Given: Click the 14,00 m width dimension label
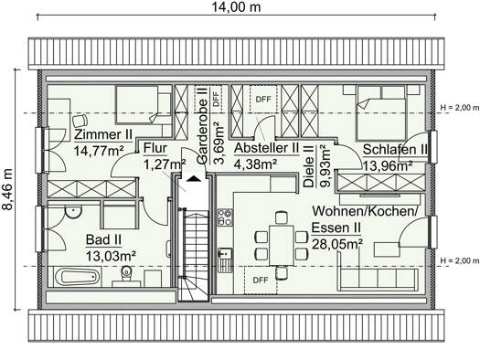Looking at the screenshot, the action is (236, 7).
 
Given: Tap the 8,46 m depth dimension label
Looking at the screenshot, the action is (7, 189).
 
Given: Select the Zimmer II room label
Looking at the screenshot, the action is (103, 134).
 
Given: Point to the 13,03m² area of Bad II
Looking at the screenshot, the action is (111, 256).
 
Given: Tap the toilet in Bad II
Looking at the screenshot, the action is (126, 274).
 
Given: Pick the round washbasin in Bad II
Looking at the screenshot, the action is (73, 211).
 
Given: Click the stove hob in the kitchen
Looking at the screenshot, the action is (225, 217).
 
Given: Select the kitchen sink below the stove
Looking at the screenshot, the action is (225, 260).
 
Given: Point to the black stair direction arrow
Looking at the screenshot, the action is (194, 178).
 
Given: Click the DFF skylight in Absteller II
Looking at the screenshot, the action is (263, 99).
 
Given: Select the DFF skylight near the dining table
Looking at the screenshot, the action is (261, 280).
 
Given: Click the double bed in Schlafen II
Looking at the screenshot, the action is (381, 113).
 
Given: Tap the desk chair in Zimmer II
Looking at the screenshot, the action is (80, 121).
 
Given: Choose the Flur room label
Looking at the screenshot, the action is (155, 148).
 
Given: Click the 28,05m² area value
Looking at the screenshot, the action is (337, 244).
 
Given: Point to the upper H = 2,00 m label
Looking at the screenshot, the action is (459, 107).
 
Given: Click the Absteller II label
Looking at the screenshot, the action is (266, 148).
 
